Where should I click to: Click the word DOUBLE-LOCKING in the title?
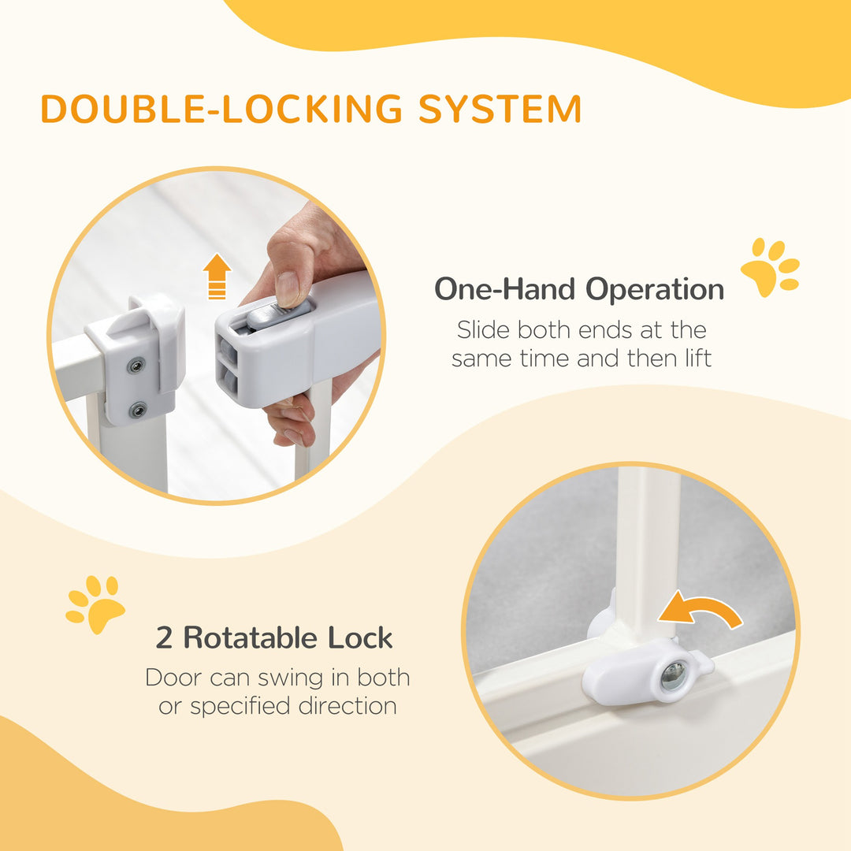(222, 109)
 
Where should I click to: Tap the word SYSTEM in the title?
(500, 109)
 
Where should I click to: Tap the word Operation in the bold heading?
(654, 290)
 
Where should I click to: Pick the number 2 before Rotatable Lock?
(164, 637)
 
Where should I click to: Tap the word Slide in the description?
(483, 329)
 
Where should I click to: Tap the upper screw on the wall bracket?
(136, 366)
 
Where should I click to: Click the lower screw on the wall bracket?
(138, 410)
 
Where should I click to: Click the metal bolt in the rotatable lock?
(672, 675)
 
